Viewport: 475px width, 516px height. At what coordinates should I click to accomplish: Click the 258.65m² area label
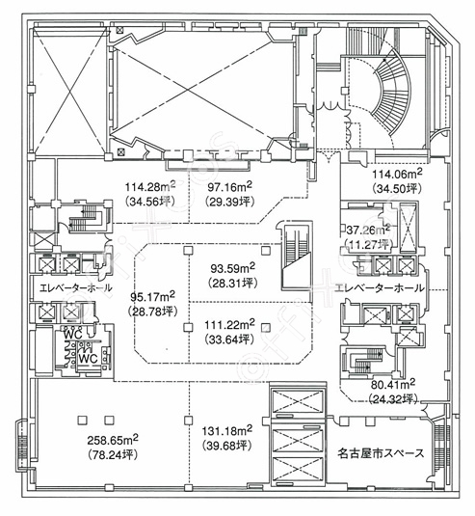coord(113,440)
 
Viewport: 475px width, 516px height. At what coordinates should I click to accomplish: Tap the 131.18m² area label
coord(227,430)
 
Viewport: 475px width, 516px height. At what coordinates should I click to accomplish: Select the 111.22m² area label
coord(229,325)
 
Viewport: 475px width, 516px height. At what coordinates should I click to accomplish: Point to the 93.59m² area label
coord(232,269)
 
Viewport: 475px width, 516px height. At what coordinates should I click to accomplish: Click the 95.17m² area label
coord(152,297)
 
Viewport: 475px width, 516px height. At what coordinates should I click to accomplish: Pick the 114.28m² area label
coord(150,187)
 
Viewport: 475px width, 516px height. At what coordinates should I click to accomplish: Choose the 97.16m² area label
coord(229,187)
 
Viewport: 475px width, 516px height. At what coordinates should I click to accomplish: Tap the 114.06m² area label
coord(397,174)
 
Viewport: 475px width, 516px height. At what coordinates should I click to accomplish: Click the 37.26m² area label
coord(368,230)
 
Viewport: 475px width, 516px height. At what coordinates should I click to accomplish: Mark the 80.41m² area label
coord(393,384)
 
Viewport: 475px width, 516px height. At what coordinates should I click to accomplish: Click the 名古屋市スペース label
coord(381,453)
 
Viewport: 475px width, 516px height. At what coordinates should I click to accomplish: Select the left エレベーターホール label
coord(75,288)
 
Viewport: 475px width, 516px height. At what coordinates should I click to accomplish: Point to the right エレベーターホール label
coord(380,288)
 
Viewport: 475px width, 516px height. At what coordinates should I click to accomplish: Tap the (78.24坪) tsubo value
coord(113,455)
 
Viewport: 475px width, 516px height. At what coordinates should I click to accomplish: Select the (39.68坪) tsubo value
coord(227,446)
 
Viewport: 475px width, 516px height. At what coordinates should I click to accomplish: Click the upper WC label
coord(73,335)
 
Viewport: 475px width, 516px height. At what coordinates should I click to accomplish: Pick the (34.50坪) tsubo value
coord(397,189)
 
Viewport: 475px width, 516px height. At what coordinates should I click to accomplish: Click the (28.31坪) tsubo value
coord(232,284)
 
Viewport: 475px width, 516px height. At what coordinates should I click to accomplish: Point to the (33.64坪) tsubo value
coord(229,339)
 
